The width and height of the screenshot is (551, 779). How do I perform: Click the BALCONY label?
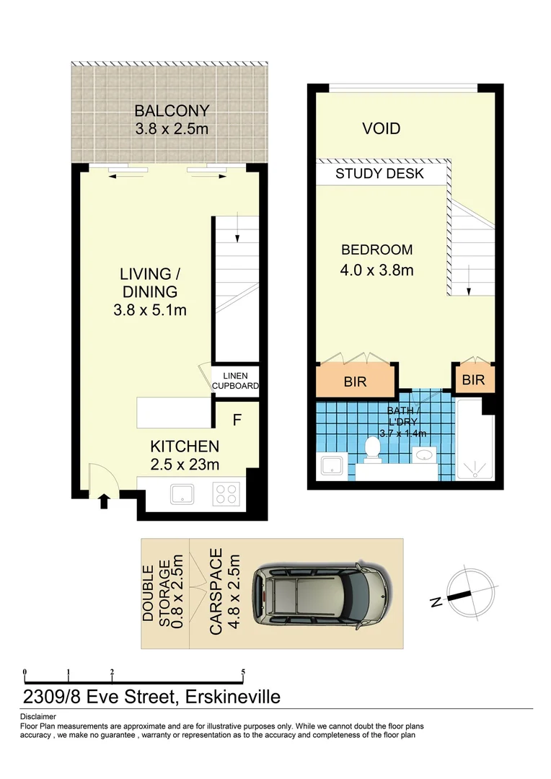point(171,111)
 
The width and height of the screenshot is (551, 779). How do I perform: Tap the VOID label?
point(381,129)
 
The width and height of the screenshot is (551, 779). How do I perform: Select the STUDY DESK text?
point(379,174)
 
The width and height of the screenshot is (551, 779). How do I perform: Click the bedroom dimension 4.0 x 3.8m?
point(376,271)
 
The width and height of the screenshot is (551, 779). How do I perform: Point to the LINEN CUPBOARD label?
point(235,381)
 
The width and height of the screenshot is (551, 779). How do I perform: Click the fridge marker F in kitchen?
point(237,418)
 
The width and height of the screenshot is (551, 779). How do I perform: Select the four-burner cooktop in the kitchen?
point(226,494)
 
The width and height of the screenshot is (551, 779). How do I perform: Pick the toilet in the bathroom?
point(373,447)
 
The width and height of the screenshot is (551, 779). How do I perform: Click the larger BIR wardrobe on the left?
point(355,382)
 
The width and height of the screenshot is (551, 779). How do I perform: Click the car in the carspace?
point(322,593)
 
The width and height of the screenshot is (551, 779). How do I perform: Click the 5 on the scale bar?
point(243,672)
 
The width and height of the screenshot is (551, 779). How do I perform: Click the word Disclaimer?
point(38,716)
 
